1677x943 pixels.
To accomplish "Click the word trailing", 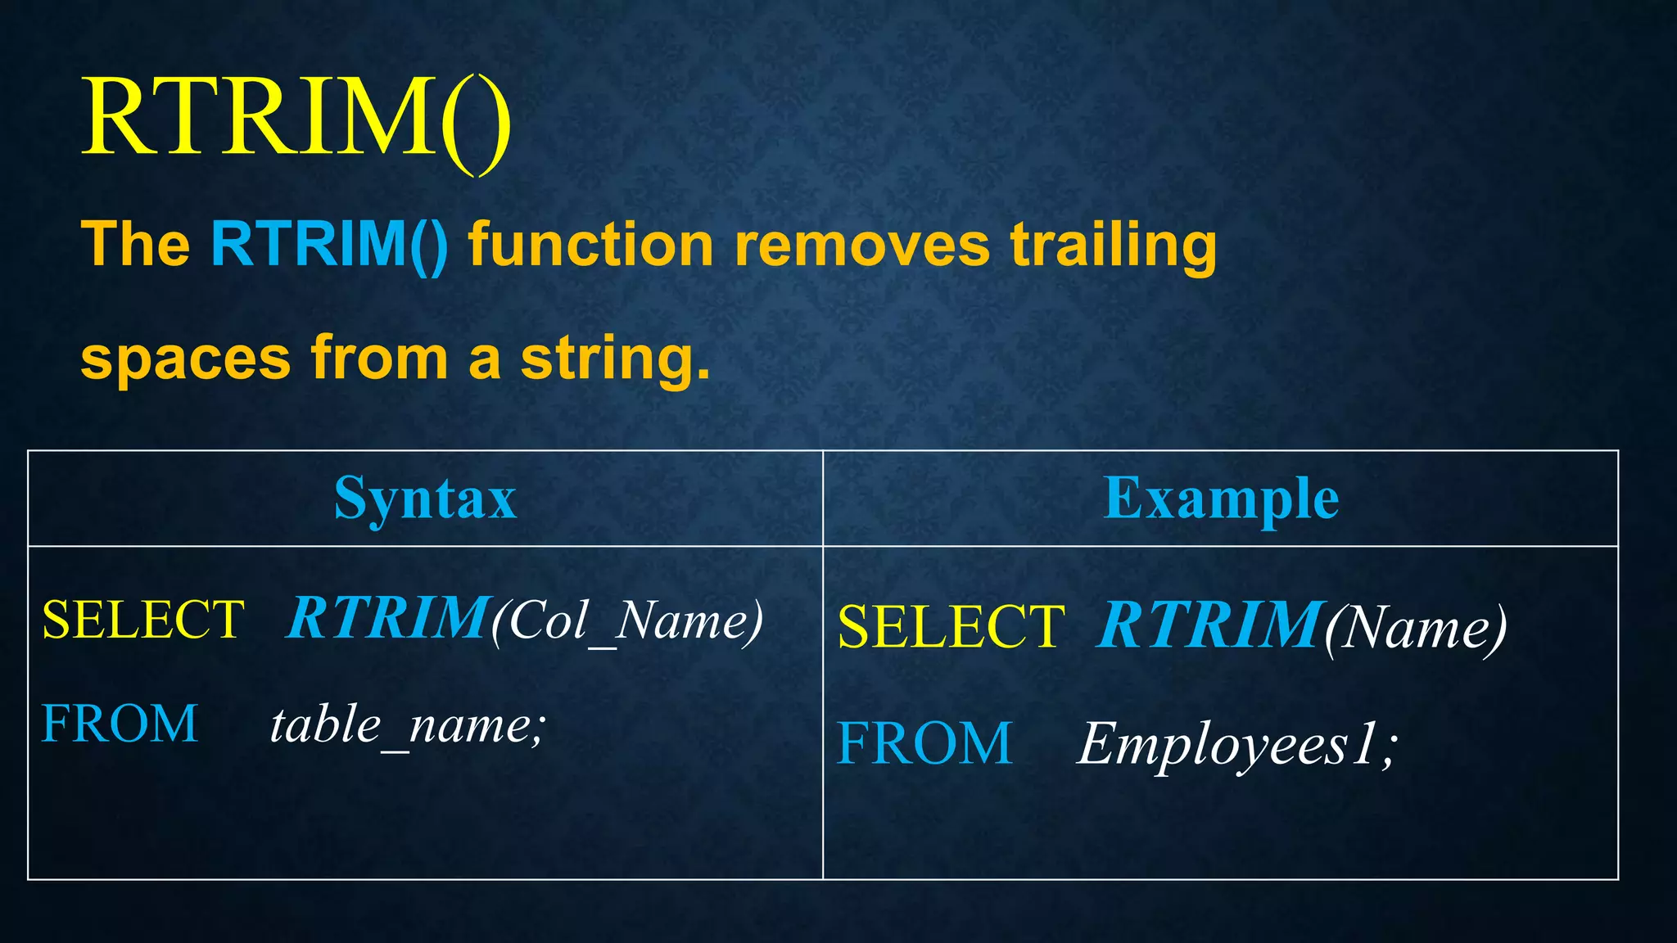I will [x=1114, y=246].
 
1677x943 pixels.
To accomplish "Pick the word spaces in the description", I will [x=186, y=358].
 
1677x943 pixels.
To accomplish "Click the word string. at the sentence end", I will [x=615, y=359].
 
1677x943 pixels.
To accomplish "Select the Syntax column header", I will [x=425, y=499].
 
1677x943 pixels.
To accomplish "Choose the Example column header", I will [x=1221, y=499].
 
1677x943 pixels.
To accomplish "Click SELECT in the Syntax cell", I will [x=143, y=620].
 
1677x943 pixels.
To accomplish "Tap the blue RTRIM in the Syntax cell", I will [x=387, y=618].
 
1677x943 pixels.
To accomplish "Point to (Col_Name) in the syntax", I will [x=627, y=621].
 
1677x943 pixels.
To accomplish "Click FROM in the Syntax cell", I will [x=120, y=724].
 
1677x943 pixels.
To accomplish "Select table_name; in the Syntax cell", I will [x=408, y=726].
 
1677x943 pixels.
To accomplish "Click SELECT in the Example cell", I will [x=952, y=627].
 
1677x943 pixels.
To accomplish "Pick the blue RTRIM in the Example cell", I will [x=1211, y=625].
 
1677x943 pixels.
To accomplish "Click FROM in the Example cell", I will [x=924, y=743].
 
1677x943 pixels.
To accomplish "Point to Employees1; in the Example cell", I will [x=1237, y=745].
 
